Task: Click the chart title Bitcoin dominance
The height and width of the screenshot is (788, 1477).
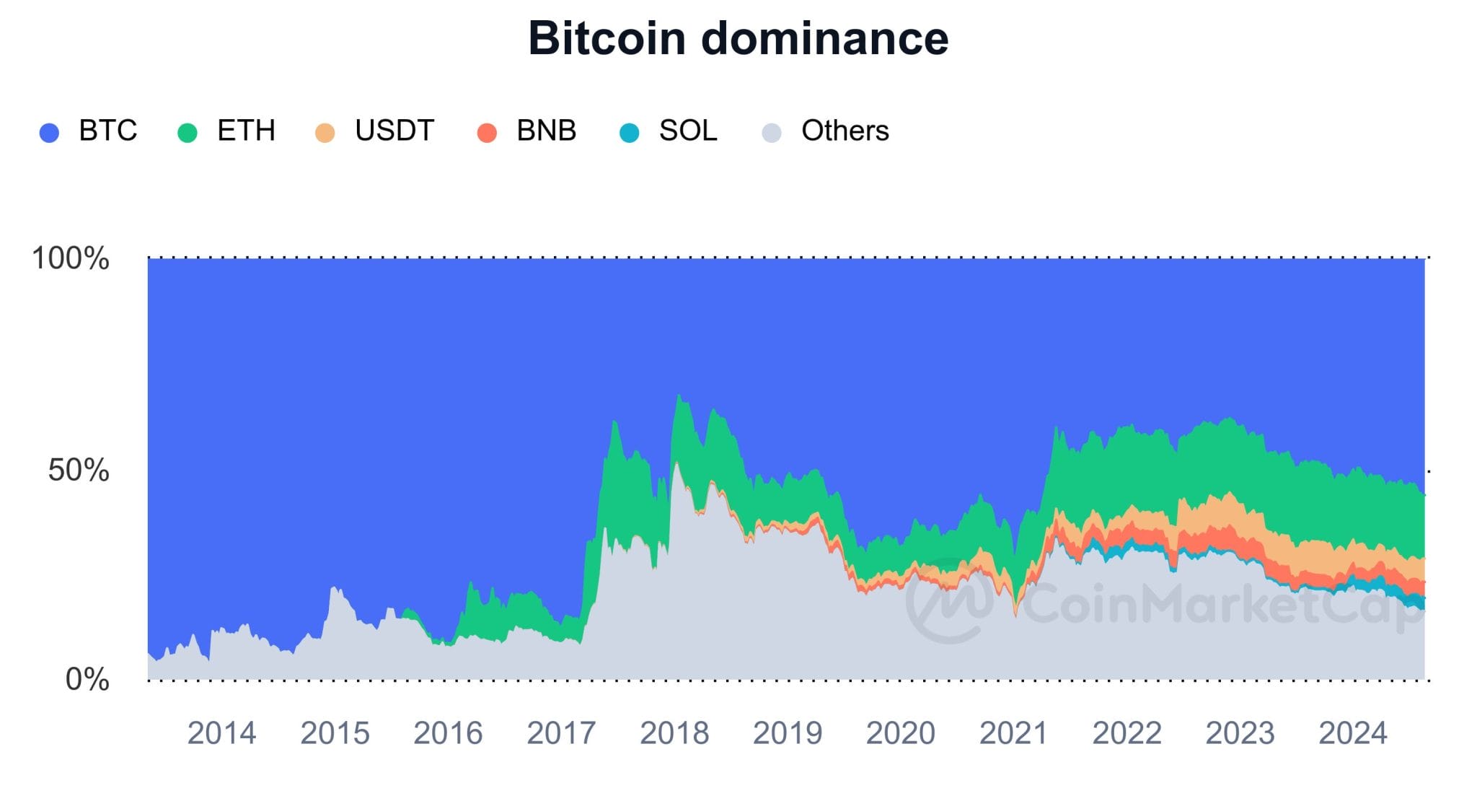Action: (x=738, y=38)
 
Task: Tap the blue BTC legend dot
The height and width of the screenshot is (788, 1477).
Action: (x=49, y=133)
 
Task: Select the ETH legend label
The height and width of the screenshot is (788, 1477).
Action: (x=246, y=131)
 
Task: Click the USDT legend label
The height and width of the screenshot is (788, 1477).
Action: (x=394, y=131)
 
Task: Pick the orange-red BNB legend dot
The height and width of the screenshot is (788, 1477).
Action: (x=487, y=133)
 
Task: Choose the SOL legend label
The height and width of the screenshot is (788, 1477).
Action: (x=688, y=131)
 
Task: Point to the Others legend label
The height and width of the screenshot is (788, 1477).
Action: (x=845, y=131)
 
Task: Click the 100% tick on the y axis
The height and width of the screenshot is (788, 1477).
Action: (x=71, y=258)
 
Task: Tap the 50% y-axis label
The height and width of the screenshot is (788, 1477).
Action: (x=79, y=470)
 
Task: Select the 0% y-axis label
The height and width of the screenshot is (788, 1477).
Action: (x=87, y=680)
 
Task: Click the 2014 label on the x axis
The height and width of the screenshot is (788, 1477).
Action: (x=221, y=734)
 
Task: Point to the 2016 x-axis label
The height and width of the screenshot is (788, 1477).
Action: (x=448, y=734)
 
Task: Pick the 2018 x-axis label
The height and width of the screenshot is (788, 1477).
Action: (x=674, y=734)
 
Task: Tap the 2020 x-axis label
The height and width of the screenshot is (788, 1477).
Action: (x=900, y=734)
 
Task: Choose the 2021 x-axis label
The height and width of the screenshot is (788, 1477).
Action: (x=1013, y=734)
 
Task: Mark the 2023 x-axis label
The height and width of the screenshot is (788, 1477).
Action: (x=1240, y=734)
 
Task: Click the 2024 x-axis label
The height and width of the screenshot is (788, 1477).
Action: (x=1353, y=734)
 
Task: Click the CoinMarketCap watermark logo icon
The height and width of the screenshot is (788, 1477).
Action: (x=950, y=601)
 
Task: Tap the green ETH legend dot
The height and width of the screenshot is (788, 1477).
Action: (x=188, y=133)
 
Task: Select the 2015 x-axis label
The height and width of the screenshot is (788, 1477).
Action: (x=335, y=734)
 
